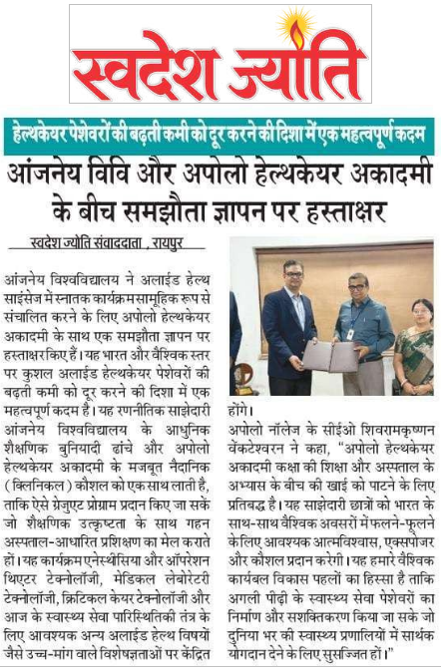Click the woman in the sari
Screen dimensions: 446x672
point(412,339)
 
